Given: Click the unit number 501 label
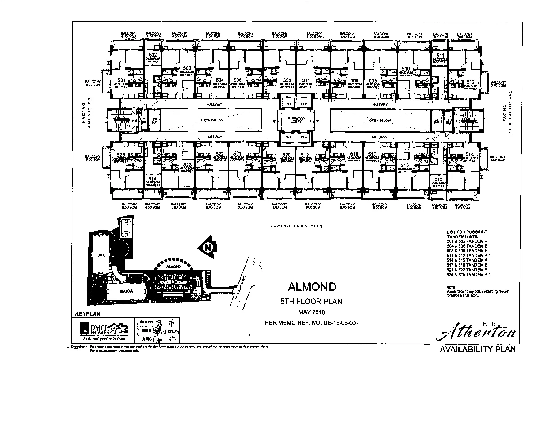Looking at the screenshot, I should tap(121, 80).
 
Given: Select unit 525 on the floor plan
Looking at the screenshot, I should tap(121, 154).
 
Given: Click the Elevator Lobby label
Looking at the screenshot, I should tap(296, 119).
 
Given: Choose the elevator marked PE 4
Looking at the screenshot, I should tap(304, 137).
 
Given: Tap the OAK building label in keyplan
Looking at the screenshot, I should tap(101, 255).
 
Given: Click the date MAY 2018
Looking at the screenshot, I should tap(311, 312).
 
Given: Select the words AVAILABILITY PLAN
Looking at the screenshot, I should tap(478, 349).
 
